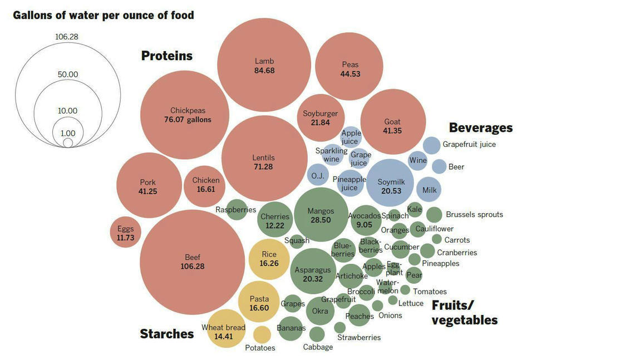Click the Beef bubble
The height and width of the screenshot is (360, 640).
click(192, 262)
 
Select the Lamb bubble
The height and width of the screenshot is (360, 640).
click(264, 66)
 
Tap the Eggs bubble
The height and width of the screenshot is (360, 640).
click(125, 233)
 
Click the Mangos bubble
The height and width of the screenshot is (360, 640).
click(321, 215)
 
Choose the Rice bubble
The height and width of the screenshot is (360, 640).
click(269, 259)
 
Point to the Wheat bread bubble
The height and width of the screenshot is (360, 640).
click(223, 332)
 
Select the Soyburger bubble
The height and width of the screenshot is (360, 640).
click(321, 118)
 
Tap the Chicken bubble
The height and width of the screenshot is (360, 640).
click(206, 185)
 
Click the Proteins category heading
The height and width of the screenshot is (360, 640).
click(167, 56)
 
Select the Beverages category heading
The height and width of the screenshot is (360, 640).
click(481, 127)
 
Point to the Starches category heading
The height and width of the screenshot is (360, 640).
click(167, 334)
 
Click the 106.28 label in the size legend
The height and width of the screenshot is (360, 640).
click(67, 37)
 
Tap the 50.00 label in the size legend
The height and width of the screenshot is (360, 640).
click(68, 75)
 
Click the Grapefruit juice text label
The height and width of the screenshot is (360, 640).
click(469, 144)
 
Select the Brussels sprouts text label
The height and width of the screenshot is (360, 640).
click(474, 214)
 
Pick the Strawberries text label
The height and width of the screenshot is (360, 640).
click(359, 337)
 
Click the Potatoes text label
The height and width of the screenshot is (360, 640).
click(260, 348)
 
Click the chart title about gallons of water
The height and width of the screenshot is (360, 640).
click(104, 15)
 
